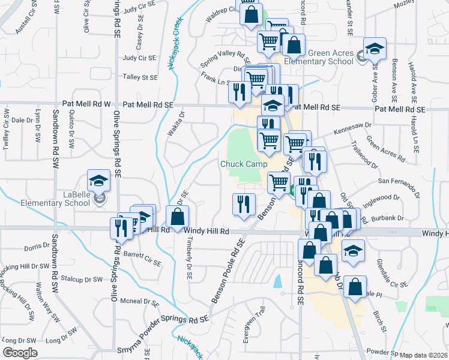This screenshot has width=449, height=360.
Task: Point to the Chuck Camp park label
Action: [x=243, y=164]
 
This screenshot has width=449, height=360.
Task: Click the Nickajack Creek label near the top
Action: [x=176, y=43]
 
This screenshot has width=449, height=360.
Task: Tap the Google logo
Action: [x=20, y=353]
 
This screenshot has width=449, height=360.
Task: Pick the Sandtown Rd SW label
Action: [x=55, y=139]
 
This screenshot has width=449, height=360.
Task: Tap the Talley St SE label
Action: [x=140, y=77]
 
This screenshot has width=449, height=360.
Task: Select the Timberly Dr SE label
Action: [x=189, y=260]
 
